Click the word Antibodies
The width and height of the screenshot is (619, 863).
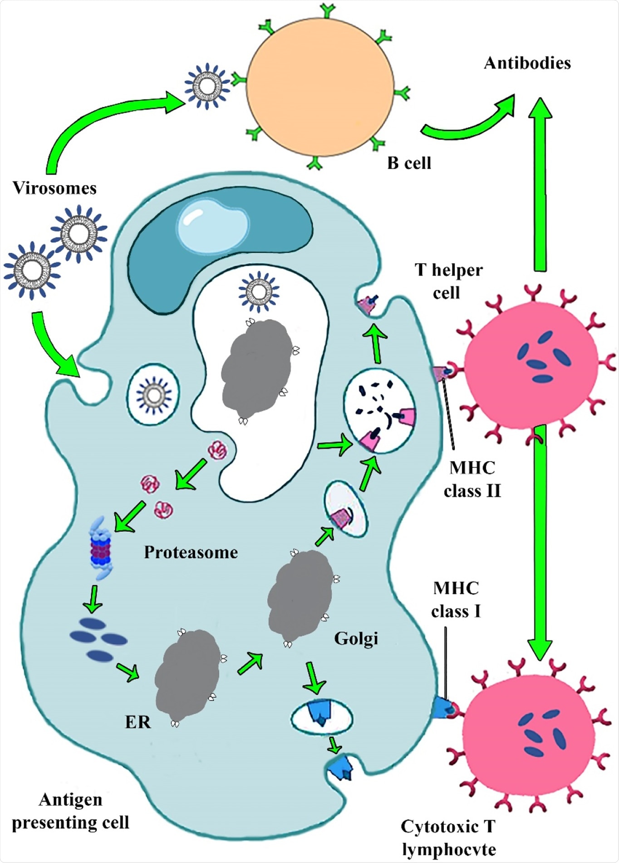[x=527, y=63]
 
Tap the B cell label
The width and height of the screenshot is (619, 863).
[x=409, y=163]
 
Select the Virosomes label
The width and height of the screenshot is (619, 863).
[x=54, y=188]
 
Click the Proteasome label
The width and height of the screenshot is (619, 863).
[x=191, y=552]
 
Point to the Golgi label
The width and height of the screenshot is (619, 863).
[x=356, y=638]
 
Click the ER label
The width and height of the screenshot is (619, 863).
[x=138, y=722]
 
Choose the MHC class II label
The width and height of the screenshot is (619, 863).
[x=472, y=479]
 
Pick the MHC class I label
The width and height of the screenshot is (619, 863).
[x=456, y=600]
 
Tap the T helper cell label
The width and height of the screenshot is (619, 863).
[x=448, y=281]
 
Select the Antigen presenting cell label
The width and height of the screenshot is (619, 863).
[x=70, y=811]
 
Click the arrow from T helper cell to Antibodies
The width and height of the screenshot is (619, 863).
[x=540, y=182]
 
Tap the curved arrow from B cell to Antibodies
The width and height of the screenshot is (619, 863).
[x=467, y=123]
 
